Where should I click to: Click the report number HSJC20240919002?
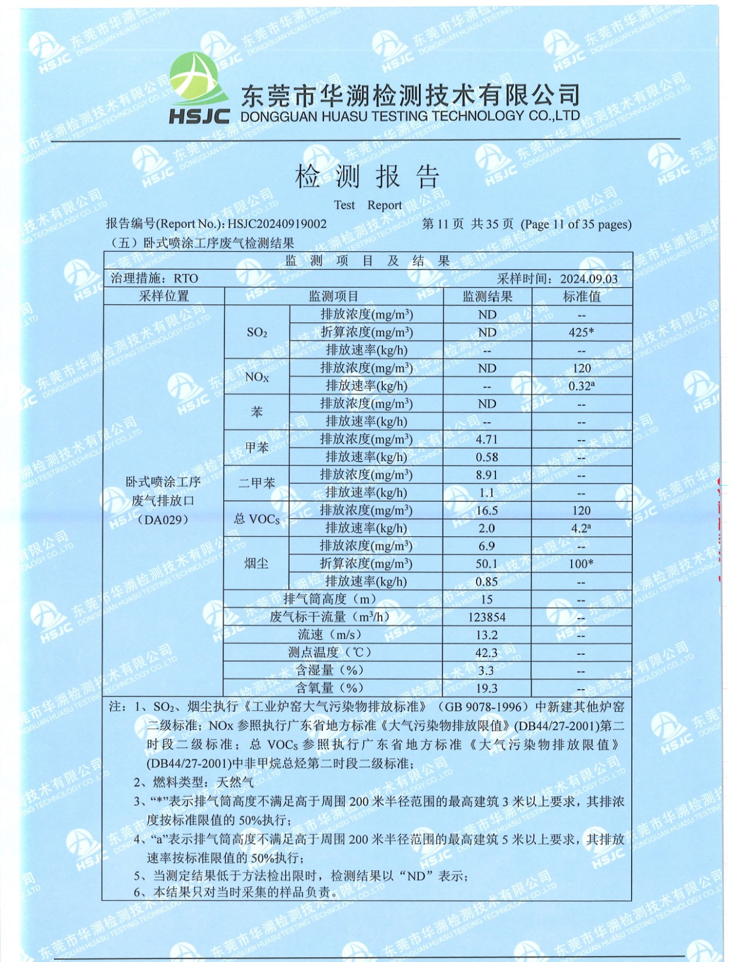pyautogui.click(x=277, y=224)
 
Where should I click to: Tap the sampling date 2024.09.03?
pyautogui.click(x=589, y=279)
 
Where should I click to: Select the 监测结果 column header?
pyautogui.click(x=487, y=296)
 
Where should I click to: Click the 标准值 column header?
pyautogui.click(x=581, y=296)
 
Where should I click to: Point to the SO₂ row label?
pyautogui.click(x=257, y=332)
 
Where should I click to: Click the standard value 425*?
pyautogui.click(x=581, y=332)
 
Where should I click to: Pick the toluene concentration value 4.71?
pyautogui.click(x=487, y=440)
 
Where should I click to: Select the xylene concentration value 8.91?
pyautogui.click(x=487, y=475)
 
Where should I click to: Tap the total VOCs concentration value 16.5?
pyautogui.click(x=487, y=510)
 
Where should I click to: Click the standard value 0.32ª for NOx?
pyautogui.click(x=581, y=386)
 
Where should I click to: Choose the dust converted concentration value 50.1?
pyautogui.click(x=487, y=564)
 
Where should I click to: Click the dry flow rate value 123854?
pyautogui.click(x=487, y=617)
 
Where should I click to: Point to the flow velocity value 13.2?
pyautogui.click(x=487, y=635)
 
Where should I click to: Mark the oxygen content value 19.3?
pyautogui.click(x=487, y=688)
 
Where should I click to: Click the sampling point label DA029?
pyautogui.click(x=164, y=520)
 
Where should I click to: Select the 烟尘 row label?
pyautogui.click(x=256, y=564)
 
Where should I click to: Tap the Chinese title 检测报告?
pyautogui.click(x=367, y=177)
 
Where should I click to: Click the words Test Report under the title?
pyautogui.click(x=367, y=205)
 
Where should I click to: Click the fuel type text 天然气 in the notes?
pyautogui.click(x=235, y=782)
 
